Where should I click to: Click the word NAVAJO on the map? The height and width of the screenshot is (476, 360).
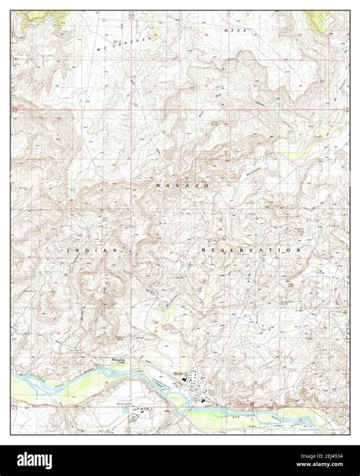tap(182, 186)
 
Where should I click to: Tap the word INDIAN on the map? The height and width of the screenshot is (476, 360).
tap(93, 250)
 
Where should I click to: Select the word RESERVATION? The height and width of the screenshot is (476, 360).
tap(253, 250)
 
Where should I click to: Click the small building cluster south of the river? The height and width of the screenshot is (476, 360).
tap(137, 411)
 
